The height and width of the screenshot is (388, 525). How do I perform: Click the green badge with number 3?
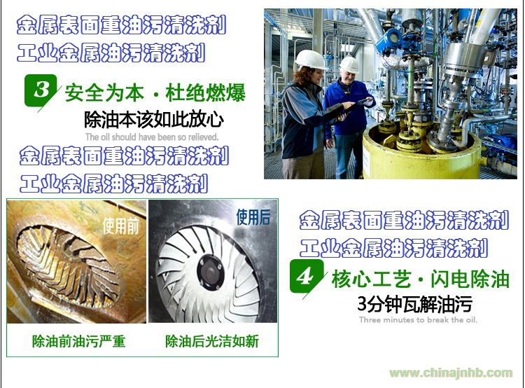coord(41,90)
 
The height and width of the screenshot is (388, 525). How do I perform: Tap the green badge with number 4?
coord(306,276)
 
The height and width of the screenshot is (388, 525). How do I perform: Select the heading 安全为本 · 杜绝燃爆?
coord(155,93)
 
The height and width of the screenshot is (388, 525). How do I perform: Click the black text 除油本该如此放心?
coord(154,120)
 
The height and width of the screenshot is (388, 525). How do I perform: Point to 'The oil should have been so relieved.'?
coord(152,137)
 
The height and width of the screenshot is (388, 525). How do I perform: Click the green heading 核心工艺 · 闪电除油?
coord(420,279)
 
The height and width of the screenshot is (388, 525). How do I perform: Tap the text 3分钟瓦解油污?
coord(415,304)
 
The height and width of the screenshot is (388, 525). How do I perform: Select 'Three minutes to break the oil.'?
coord(418,319)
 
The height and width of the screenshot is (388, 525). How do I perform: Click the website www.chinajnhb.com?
coord(451,373)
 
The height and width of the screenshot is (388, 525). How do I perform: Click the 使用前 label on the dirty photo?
coord(120,226)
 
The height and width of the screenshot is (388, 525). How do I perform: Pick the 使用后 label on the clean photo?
coord(253,217)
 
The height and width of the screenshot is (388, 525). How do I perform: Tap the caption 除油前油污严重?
coord(78,342)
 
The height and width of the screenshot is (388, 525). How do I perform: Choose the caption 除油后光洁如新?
coord(212,342)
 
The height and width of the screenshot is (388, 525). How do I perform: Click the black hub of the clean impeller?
coord(211,272)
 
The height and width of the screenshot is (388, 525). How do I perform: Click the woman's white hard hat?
coord(310,60)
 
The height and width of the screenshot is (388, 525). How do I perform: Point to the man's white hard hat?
coord(349,64)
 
